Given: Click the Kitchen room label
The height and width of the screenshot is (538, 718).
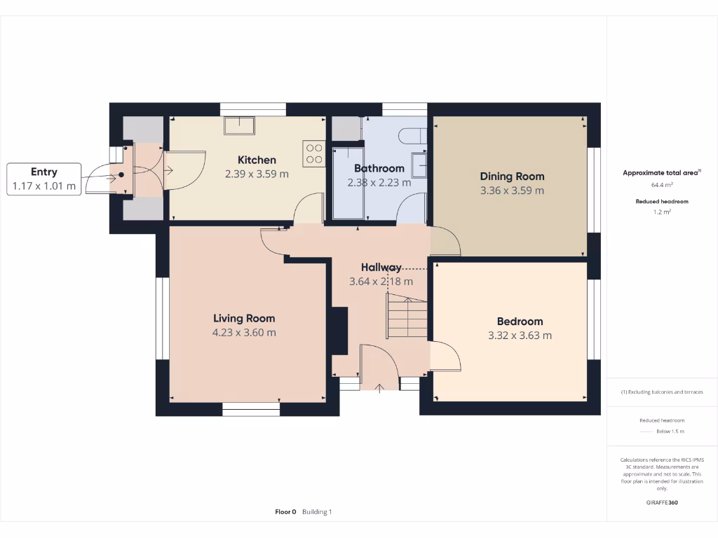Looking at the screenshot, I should [257, 160].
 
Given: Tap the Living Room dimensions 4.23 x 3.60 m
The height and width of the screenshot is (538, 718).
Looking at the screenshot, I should [244, 333].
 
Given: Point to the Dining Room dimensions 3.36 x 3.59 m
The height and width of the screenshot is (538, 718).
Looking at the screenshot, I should [512, 191].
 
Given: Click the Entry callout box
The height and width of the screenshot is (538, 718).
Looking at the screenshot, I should [44, 179].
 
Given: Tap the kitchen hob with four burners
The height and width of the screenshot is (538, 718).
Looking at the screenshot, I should [314, 153].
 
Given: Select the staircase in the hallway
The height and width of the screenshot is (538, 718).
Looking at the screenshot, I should [407, 318].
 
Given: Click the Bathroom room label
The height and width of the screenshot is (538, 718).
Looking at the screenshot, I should [379, 168].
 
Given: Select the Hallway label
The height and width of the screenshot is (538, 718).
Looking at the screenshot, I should [381, 267].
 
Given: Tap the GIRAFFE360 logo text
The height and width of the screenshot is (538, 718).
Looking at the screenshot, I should [662, 502].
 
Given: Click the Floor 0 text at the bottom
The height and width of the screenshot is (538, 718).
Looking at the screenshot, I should [285, 512].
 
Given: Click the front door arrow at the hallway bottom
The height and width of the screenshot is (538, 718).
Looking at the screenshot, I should [379, 387].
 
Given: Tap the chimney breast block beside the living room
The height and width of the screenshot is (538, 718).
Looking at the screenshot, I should [339, 331].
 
